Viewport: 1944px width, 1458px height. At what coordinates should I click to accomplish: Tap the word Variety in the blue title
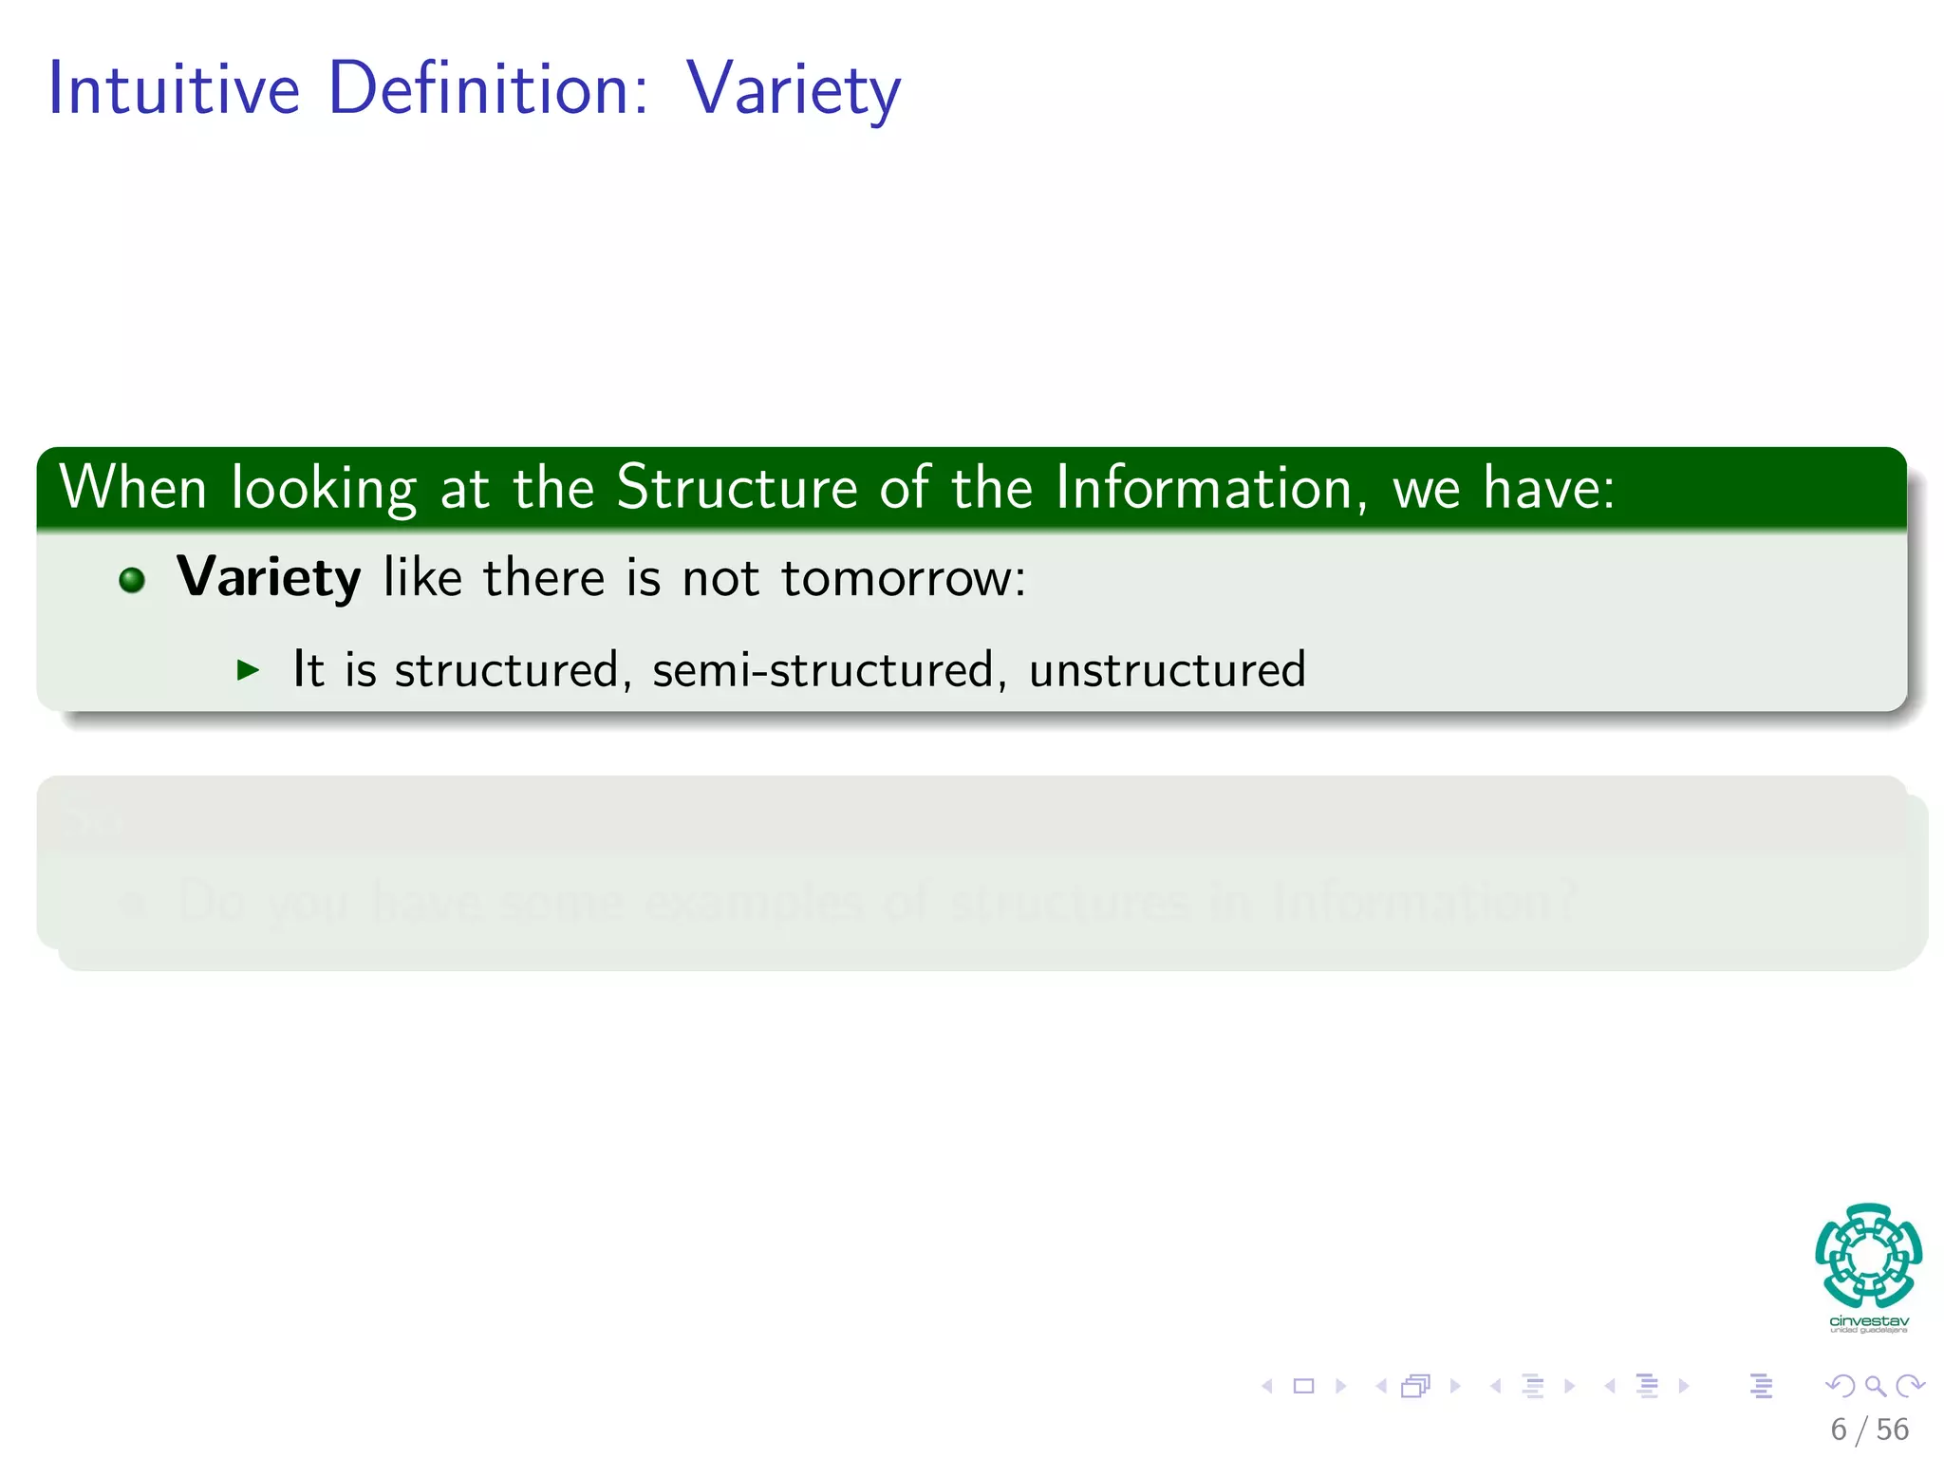(x=793, y=90)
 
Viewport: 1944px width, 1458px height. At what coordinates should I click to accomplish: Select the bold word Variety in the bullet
(x=269, y=577)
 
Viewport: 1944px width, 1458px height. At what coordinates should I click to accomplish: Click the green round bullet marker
(x=132, y=580)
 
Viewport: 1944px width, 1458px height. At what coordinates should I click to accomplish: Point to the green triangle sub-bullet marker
(x=248, y=670)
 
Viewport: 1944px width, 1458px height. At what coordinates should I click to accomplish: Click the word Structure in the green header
(x=737, y=488)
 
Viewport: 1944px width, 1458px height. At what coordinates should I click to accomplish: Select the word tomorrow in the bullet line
(x=902, y=577)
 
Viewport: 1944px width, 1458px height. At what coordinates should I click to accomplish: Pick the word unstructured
(x=1167, y=669)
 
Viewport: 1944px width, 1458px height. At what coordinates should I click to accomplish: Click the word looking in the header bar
(x=324, y=490)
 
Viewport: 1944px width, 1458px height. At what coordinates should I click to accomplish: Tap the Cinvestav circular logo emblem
(x=1868, y=1256)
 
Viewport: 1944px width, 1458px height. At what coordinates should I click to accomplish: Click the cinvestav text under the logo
(x=1868, y=1321)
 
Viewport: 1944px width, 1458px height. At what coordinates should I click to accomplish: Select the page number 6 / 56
(x=1869, y=1430)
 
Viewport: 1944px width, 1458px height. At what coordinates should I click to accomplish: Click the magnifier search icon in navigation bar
(x=1875, y=1386)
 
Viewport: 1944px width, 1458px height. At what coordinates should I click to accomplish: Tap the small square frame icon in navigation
(x=1303, y=1386)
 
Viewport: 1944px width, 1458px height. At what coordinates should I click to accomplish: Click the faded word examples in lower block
(x=754, y=900)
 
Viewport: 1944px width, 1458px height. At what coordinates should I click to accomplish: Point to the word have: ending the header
(x=1548, y=488)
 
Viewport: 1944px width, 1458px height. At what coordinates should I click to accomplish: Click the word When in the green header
(x=133, y=488)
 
